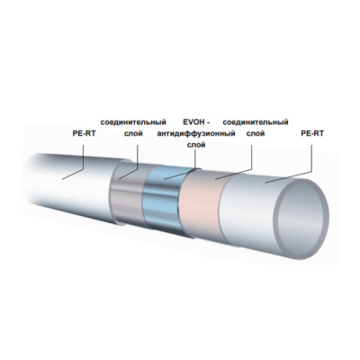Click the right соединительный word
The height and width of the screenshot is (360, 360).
(x=255, y=120)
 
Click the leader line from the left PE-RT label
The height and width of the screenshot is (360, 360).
(x=77, y=157)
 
